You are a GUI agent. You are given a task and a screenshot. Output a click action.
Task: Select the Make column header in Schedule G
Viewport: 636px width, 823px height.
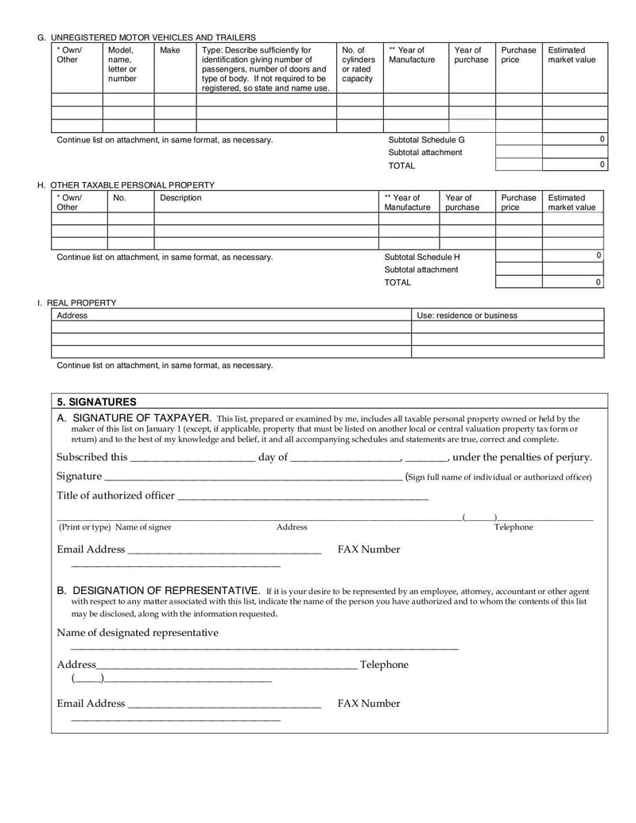coord(170,50)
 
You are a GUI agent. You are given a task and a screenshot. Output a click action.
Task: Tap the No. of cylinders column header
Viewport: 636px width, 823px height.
coord(358,64)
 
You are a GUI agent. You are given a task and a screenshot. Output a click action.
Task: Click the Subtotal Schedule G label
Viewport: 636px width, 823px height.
coord(426,140)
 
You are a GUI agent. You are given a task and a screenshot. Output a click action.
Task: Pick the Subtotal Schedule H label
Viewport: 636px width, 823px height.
coord(422,257)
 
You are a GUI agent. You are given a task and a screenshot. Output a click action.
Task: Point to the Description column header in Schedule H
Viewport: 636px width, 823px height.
coord(180,198)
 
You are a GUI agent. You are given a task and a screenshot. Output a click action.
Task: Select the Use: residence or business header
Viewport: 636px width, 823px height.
coord(467,316)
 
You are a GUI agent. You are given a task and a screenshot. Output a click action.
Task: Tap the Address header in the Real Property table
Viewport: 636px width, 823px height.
coord(72,316)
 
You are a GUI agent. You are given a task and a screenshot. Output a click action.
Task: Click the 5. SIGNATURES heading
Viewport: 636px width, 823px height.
coord(97,402)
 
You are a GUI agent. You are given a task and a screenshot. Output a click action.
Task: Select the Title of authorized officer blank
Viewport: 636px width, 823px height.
coord(302,496)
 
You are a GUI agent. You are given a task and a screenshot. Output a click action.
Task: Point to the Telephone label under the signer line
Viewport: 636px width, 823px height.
coord(514,527)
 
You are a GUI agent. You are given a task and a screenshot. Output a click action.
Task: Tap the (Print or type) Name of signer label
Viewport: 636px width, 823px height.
coord(114,527)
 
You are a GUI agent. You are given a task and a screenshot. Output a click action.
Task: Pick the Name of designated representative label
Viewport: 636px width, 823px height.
coord(138,633)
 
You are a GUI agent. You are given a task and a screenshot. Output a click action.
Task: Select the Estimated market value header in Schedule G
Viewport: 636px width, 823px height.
coord(571,55)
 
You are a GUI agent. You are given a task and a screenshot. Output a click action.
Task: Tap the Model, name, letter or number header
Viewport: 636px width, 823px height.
coord(122,64)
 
